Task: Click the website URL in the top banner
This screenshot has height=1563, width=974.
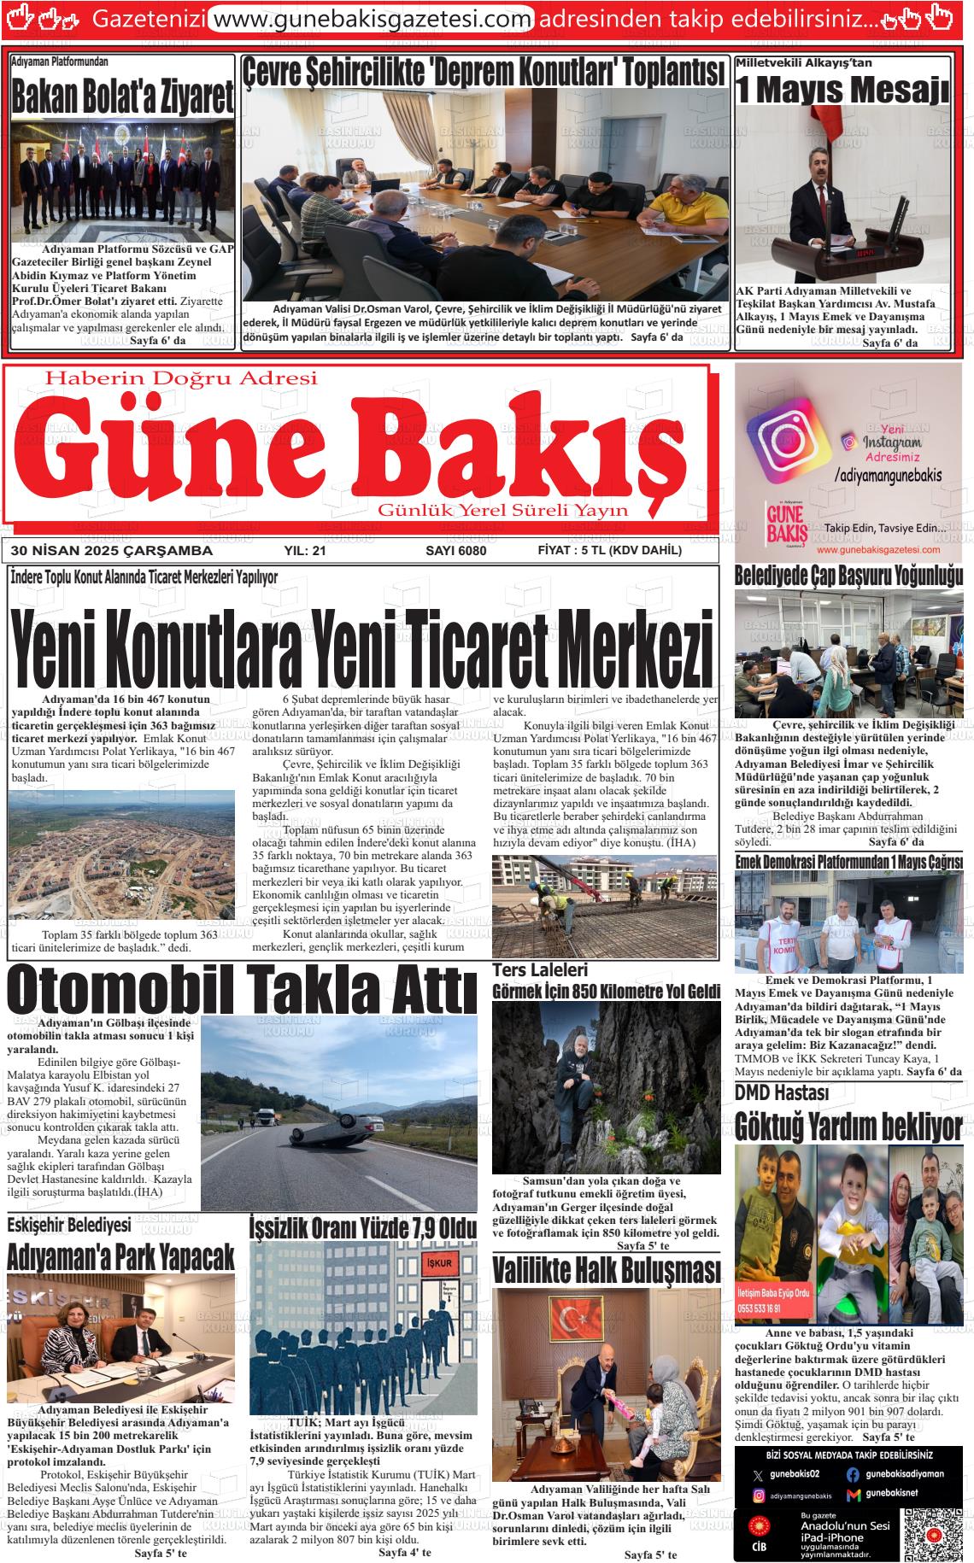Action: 371,18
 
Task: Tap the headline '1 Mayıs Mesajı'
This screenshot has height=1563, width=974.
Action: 842,90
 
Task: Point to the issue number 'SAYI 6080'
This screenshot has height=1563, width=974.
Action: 455,551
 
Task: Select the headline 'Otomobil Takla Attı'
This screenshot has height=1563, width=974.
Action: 242,991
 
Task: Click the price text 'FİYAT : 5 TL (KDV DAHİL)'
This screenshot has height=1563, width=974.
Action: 609,551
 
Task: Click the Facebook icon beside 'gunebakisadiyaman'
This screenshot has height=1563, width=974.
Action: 853,1474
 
